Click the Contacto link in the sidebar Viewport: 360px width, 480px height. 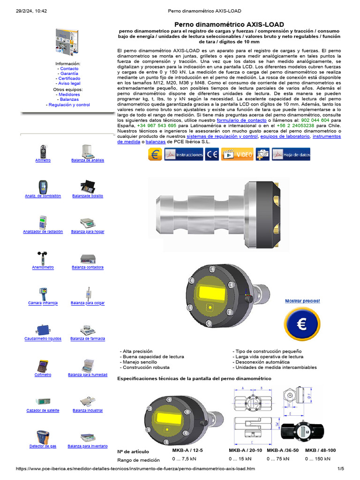pyautogui.click(x=69, y=68)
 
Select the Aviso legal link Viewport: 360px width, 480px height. pyautogui.click(x=69, y=83)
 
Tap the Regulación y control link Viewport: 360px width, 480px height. pyautogui.click(x=69, y=105)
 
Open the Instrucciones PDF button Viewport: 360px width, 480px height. pyautogui.click(x=184, y=155)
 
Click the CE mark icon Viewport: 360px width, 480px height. pyautogui.click(x=212, y=155)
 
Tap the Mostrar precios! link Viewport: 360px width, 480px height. pyautogui.click(x=302, y=301)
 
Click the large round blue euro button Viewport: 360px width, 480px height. pyautogui.click(x=302, y=324)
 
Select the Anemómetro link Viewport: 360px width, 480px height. pyautogui.click(x=43, y=267)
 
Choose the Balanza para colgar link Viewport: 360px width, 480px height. pyautogui.click(x=88, y=303)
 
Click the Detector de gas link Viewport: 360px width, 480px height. pyautogui.click(x=43, y=446)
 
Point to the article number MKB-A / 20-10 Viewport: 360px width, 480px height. pyautogui.click(x=246, y=450)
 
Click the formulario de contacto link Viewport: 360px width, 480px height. pyautogui.click(x=241, y=120)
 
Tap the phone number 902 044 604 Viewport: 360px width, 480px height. pyautogui.click(x=315, y=120)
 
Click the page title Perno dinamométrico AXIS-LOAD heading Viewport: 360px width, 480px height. pyautogui.click(x=229, y=24)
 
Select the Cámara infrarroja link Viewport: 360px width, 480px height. pyautogui.click(x=43, y=303)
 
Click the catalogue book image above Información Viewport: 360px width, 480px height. pyautogui.click(x=67, y=42)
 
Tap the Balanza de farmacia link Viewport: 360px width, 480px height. pyautogui.click(x=88, y=338)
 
